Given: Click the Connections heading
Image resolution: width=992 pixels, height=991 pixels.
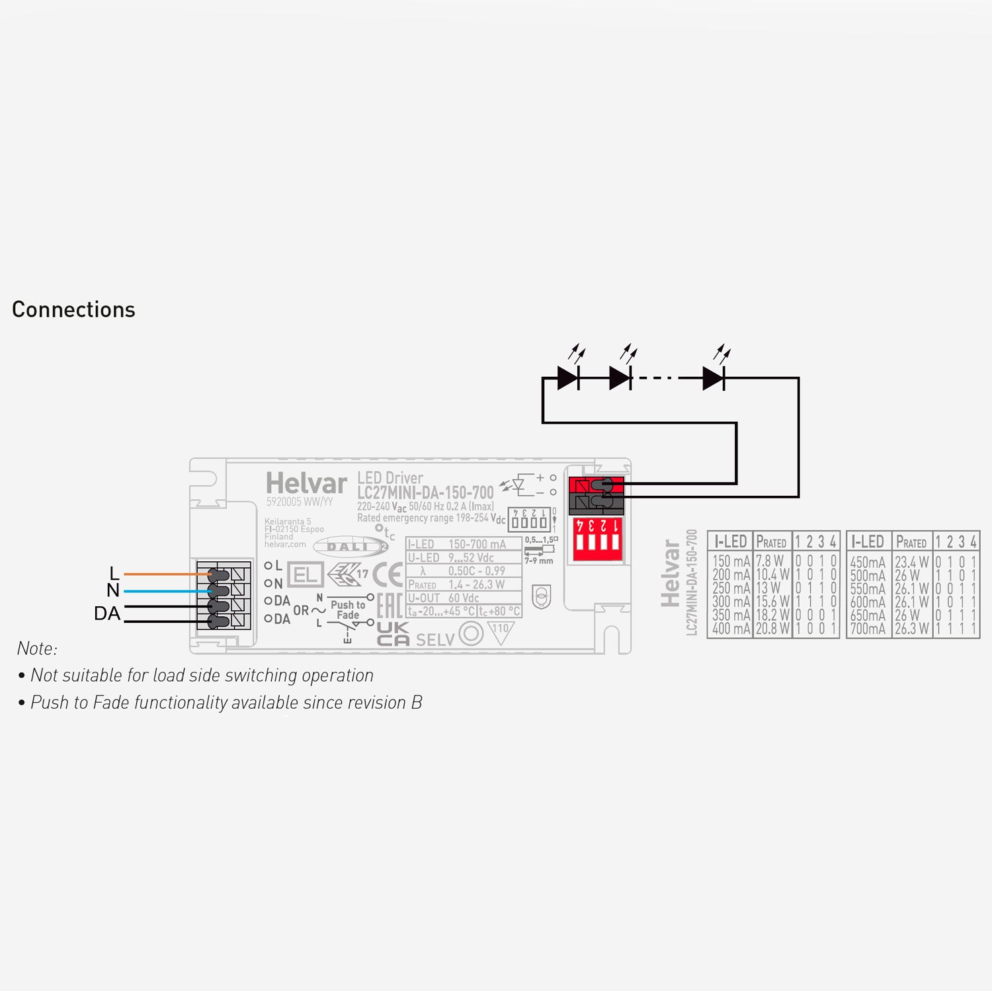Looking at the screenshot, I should pos(73,309).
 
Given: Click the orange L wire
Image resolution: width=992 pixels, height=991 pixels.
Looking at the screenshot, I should pos(165,574).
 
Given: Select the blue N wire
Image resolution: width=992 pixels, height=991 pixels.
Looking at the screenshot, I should pos(165,590).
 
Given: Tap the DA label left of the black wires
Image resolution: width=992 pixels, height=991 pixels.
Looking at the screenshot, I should pos(107,614).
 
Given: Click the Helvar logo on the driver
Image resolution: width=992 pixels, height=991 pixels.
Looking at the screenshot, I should pos(306,483).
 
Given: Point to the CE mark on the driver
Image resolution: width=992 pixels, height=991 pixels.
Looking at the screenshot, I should pos(388,575).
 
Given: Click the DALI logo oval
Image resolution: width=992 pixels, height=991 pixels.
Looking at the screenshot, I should pos(350,547).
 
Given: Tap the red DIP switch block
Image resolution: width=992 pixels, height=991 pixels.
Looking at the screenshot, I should pos(597,538).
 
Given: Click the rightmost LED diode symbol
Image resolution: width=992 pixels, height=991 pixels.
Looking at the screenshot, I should pos(714,378).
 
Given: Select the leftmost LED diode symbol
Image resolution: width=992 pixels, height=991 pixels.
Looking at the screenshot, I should pos(568,378).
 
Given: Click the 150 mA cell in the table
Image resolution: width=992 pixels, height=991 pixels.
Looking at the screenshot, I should pos(731,562).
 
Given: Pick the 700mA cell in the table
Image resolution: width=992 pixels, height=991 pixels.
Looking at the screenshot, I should pos(868,629).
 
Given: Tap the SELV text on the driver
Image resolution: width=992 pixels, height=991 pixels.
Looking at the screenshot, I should pos(435,639).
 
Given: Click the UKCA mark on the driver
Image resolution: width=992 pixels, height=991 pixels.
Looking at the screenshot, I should pos(393,633).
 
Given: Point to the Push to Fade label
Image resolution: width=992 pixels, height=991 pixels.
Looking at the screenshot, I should pos(348,610).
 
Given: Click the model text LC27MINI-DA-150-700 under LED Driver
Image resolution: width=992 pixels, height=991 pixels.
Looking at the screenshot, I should pos(425,493).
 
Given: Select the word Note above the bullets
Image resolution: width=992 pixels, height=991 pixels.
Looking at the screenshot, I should pos(37,649).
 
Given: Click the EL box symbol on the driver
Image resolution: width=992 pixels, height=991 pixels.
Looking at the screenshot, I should pos(305,575).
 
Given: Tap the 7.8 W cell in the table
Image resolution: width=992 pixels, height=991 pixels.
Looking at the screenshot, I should pos(770,562).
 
